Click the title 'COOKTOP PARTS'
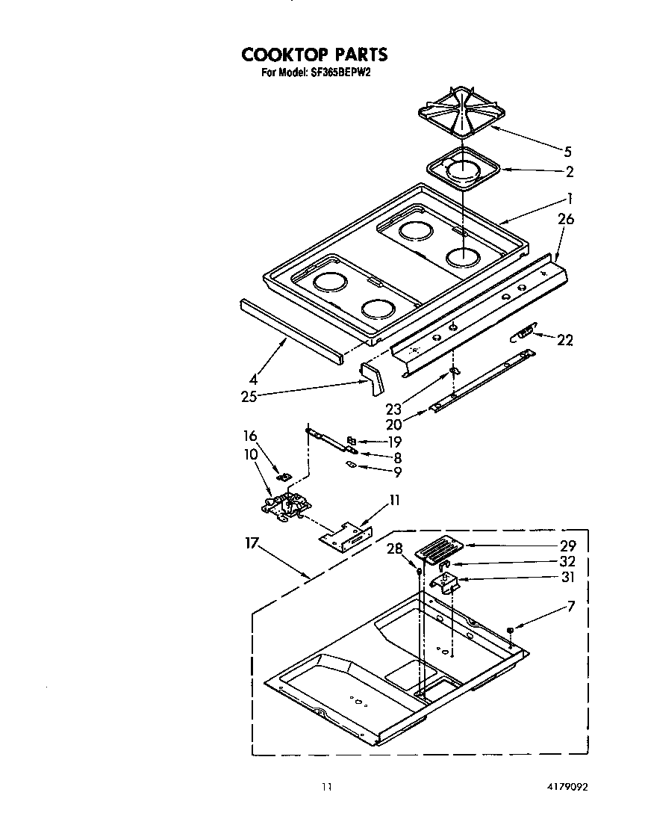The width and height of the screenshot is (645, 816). click(x=314, y=55)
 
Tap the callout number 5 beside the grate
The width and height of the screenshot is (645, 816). click(x=568, y=151)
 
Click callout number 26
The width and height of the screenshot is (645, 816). click(x=566, y=220)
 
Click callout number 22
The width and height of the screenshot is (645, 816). click(x=565, y=340)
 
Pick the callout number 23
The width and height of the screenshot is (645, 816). click(x=394, y=409)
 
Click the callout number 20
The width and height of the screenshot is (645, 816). click(x=393, y=424)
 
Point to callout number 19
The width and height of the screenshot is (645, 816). click(x=394, y=442)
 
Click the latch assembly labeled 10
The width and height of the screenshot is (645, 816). click(x=284, y=506)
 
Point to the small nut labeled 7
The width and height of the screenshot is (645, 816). click(x=510, y=631)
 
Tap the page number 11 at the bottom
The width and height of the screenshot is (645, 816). click(x=325, y=785)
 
